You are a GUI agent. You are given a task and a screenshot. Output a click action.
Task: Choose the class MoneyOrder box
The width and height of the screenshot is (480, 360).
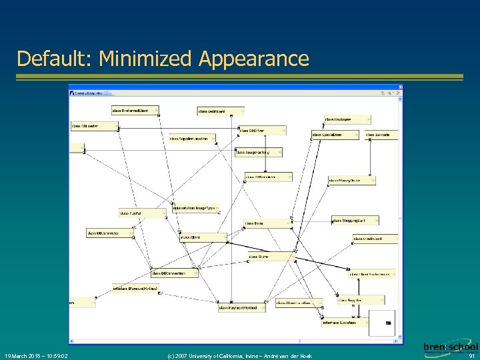point(351,181)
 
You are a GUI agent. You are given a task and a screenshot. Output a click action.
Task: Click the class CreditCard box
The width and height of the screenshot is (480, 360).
point(374,239)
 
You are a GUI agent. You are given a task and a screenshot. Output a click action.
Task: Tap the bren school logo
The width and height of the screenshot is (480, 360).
point(451,348)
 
